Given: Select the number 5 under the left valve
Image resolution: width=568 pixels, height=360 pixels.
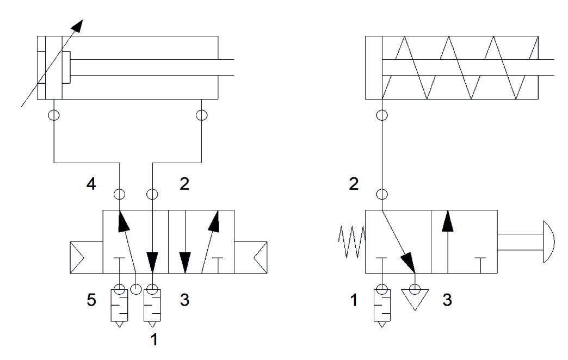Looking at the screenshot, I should [92, 300].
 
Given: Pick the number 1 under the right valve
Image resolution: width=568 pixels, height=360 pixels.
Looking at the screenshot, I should [354, 300].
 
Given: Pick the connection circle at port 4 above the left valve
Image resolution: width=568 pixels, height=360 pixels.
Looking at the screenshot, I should [118, 194].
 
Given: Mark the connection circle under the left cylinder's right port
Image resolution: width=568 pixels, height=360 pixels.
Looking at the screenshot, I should [202, 115].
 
